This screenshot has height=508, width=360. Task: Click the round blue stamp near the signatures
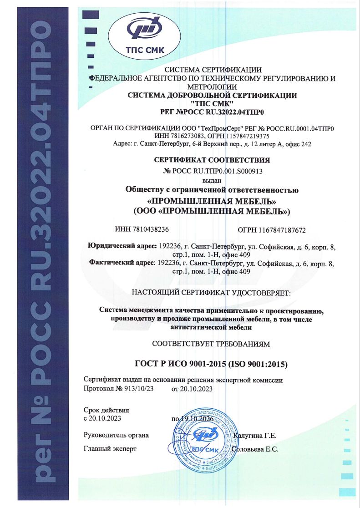click(203, 440)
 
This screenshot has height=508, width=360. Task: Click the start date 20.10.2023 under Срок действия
click(106, 418)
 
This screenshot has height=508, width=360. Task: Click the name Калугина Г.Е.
click(254, 436)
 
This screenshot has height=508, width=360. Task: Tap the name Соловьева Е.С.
click(255, 449)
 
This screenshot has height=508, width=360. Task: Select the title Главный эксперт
click(110, 449)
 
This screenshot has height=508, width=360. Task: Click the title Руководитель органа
click(117, 435)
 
